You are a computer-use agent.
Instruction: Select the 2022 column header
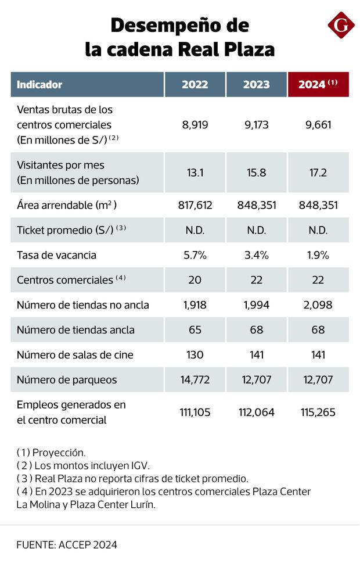(x=195, y=84)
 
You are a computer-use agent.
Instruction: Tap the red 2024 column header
(x=318, y=84)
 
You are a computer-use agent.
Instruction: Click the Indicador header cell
(x=39, y=84)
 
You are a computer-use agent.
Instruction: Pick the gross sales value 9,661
(x=318, y=124)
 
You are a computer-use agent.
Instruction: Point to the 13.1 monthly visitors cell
(x=195, y=173)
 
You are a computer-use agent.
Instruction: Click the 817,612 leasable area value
(x=195, y=205)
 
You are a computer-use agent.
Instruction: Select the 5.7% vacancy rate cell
(x=195, y=255)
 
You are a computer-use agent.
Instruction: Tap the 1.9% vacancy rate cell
(x=318, y=255)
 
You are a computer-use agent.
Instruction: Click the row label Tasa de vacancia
(x=56, y=255)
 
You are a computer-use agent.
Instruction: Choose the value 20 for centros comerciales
(x=195, y=279)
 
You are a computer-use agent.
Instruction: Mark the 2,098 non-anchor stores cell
(x=318, y=305)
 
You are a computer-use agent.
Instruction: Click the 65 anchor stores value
(x=195, y=330)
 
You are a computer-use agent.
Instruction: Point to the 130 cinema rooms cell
(x=195, y=355)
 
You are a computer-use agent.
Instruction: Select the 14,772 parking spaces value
(x=195, y=380)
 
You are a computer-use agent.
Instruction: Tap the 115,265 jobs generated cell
(x=318, y=412)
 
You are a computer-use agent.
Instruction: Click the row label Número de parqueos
(x=67, y=380)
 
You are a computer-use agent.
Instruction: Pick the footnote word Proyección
(x=59, y=452)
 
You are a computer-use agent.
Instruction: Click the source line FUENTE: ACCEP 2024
(x=67, y=544)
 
